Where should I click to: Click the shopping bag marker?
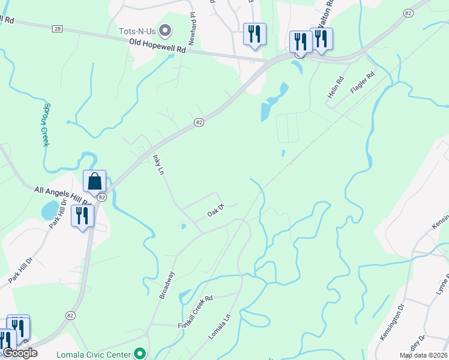pyautogui.click(x=95, y=181)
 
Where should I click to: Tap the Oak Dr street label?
pyautogui.click(x=215, y=211)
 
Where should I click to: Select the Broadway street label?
pyautogui.click(x=167, y=285)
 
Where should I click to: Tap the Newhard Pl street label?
pyautogui.click(x=193, y=22)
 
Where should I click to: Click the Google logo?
pyautogui.click(x=20, y=353)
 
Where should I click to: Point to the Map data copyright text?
pyautogui.click(x=424, y=355)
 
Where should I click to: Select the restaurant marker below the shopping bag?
pyautogui.click(x=82, y=216)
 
